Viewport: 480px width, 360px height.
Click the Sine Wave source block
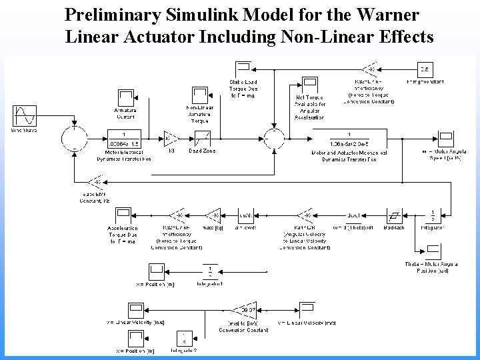(x=23, y=115)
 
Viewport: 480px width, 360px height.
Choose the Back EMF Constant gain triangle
(x=95, y=181)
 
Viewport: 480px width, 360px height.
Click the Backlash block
(x=395, y=215)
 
